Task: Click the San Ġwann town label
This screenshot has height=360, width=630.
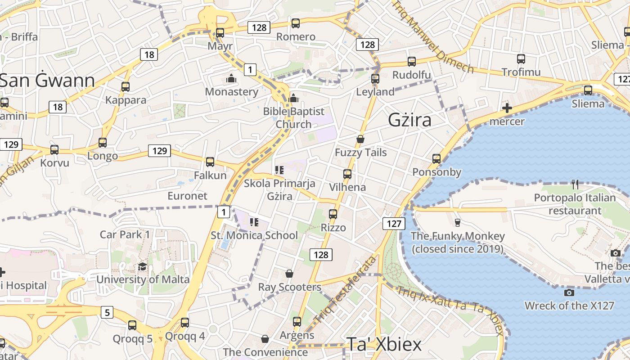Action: click(x=48, y=81)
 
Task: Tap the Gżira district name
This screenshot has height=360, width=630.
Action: click(x=409, y=120)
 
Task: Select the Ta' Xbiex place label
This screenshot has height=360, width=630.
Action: click(x=384, y=345)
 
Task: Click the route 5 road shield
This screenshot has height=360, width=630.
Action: click(x=107, y=312)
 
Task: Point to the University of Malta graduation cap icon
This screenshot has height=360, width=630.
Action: click(x=143, y=266)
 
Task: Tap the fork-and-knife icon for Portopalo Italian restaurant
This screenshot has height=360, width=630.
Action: click(x=575, y=184)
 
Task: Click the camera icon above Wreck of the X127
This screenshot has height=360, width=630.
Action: click(x=569, y=293)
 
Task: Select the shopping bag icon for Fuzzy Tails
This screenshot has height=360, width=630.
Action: click(x=360, y=139)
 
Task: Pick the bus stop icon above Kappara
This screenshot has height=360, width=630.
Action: click(x=126, y=87)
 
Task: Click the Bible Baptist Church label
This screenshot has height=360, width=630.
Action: click(x=293, y=118)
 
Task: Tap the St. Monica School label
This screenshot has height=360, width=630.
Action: click(x=254, y=235)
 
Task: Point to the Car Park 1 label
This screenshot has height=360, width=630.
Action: click(x=125, y=234)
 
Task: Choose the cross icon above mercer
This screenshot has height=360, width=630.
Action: click(x=507, y=108)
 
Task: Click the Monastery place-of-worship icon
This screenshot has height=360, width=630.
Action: click(x=231, y=79)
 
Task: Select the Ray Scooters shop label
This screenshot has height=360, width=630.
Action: click(x=289, y=287)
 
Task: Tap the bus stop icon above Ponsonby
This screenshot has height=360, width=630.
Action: click(x=436, y=159)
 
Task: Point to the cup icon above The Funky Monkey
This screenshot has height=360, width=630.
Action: click(x=457, y=222)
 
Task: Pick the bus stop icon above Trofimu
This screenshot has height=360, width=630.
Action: click(x=521, y=59)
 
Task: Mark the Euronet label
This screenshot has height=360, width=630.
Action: click(x=187, y=196)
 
